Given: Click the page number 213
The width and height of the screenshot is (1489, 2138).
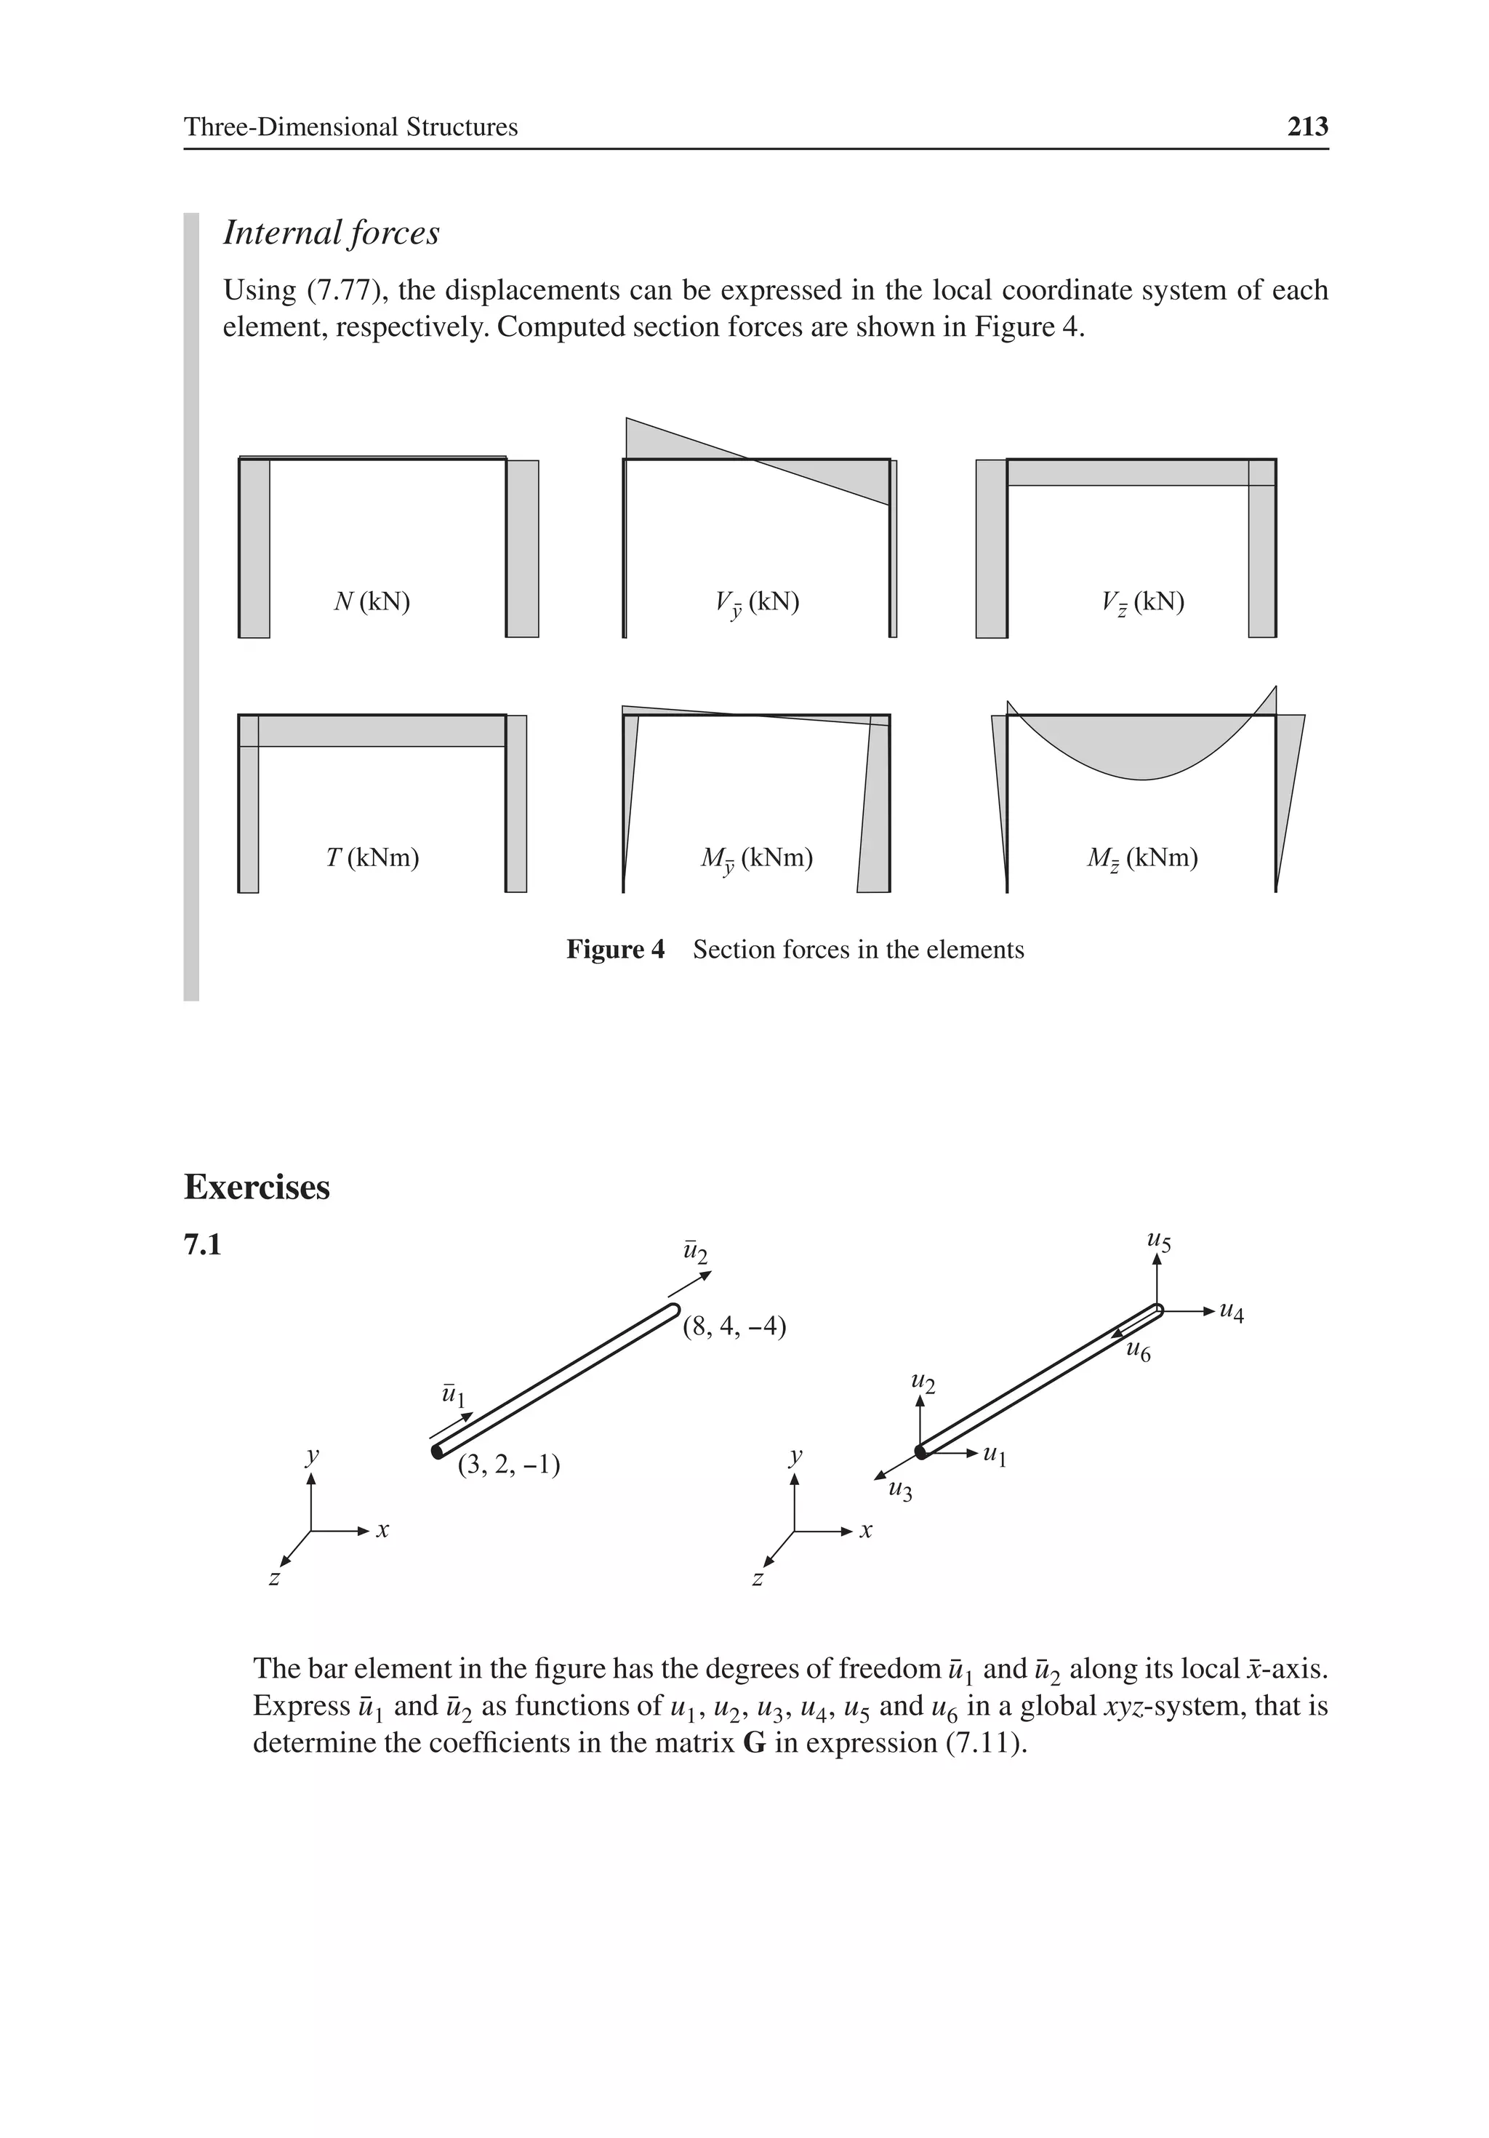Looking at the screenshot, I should tap(1307, 127).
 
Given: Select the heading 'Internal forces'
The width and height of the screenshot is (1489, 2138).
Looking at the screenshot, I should tap(331, 233).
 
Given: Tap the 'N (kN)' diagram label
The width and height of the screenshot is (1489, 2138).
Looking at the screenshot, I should tap(372, 601).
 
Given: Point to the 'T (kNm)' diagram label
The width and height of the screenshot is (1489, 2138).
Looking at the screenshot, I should tap(372, 857).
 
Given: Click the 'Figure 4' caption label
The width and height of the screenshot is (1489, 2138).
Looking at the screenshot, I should tap(616, 950).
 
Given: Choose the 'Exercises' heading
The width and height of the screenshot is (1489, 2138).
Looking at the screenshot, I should tap(257, 1188).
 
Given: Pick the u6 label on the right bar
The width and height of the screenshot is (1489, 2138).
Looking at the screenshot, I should tap(1138, 1351).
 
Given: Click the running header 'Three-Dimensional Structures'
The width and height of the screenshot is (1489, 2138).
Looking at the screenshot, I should tap(350, 127).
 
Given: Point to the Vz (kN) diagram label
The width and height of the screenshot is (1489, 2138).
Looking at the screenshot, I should tap(1143, 602).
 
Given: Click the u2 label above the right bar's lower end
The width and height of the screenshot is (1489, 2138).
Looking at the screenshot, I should tap(922, 1384).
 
